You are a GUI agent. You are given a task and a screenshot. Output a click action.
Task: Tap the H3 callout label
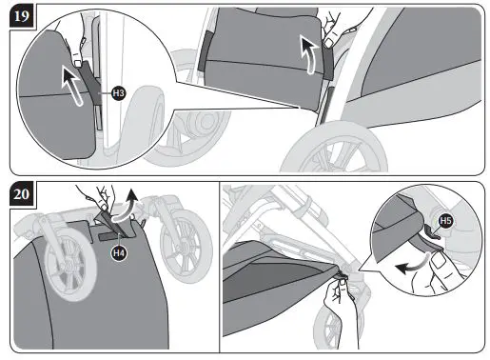tap(119, 93)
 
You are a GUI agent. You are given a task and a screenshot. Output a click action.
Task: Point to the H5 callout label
tap(444, 224)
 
